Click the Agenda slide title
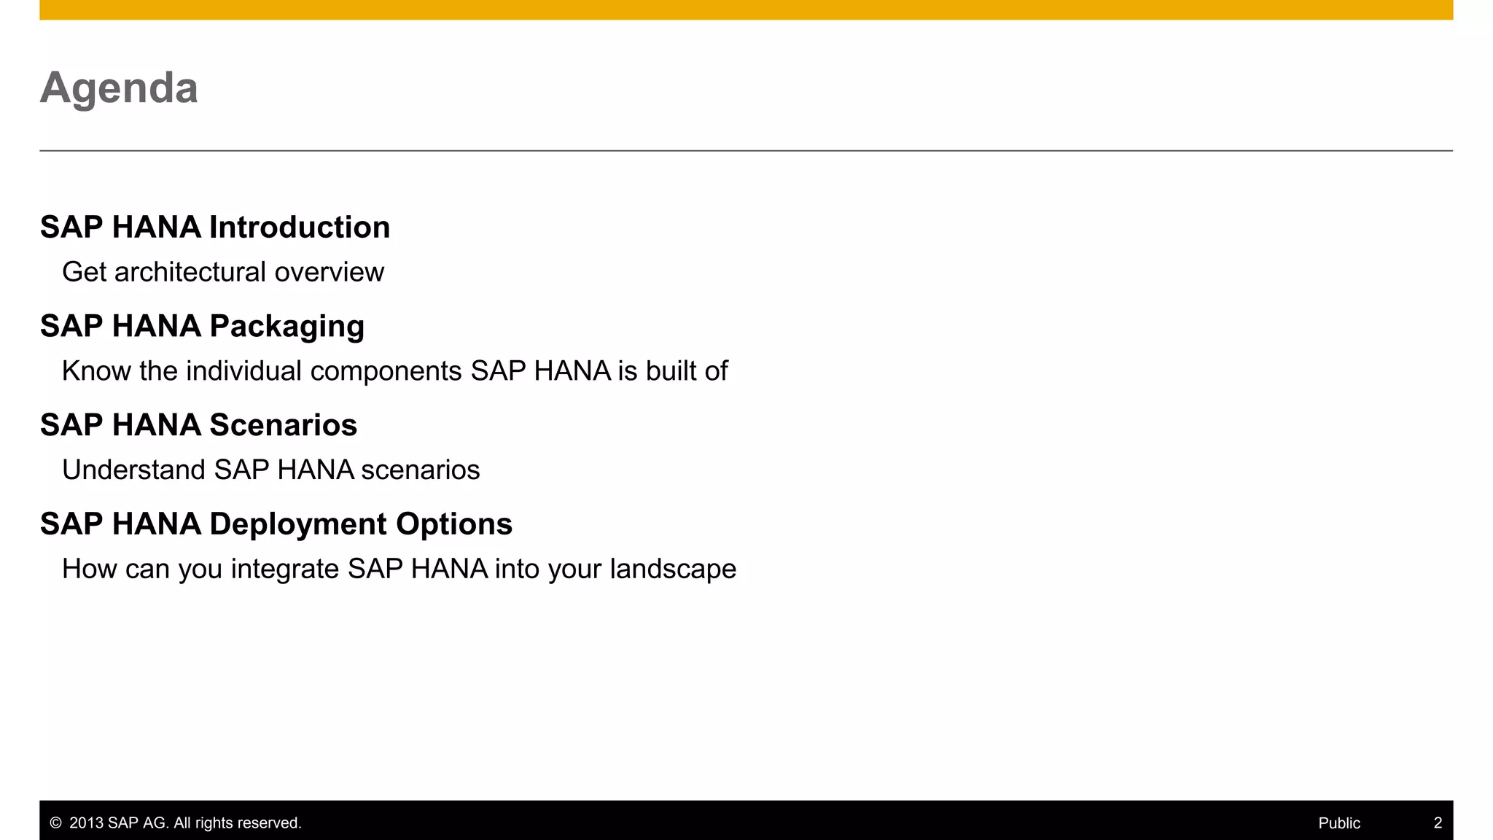[x=119, y=88]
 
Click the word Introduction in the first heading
[x=300, y=227]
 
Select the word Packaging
[x=287, y=327]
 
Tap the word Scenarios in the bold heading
[x=284, y=425]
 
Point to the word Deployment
[x=298, y=524]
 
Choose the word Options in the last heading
[x=454, y=524]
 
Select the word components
[x=386, y=371]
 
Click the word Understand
[x=133, y=470]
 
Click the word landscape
[x=673, y=569]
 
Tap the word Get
[x=85, y=272]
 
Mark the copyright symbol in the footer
[x=55, y=823]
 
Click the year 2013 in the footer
[x=86, y=823]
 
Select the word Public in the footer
[x=1339, y=823]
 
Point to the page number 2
[x=1438, y=823]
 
